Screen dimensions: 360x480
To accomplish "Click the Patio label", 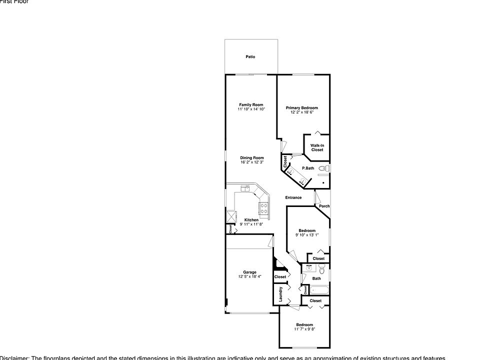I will pyautogui.click(x=250, y=57).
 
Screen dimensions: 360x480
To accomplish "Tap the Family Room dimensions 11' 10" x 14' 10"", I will pyautogui.click(x=251, y=109).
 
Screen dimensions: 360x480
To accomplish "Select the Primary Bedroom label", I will pyautogui.click(x=301, y=108).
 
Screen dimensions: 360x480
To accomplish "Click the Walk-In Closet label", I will pyautogui.click(x=317, y=147).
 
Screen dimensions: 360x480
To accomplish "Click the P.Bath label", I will pyautogui.click(x=308, y=168).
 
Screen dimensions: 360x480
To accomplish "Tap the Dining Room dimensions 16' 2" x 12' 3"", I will pyautogui.click(x=251, y=162).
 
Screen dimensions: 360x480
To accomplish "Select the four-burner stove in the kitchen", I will pyautogui.click(x=263, y=207).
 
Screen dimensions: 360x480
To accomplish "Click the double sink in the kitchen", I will pyautogui.click(x=245, y=188).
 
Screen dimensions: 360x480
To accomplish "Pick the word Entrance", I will pyautogui.click(x=293, y=197).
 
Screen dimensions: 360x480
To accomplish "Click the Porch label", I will pyautogui.click(x=324, y=206).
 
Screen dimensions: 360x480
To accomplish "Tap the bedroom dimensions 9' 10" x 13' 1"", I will pyautogui.click(x=306, y=234).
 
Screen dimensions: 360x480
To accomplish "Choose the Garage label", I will pyautogui.click(x=249, y=272).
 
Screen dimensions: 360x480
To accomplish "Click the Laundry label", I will pyautogui.click(x=280, y=293).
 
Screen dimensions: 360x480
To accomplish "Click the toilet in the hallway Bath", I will pyautogui.click(x=322, y=270).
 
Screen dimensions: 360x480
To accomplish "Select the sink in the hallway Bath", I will pyautogui.click(x=308, y=268).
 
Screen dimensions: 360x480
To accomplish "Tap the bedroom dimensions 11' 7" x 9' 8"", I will pyautogui.click(x=304, y=329).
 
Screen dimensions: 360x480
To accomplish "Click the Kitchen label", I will pyautogui.click(x=251, y=220).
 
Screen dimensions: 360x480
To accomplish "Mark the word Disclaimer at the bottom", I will pyautogui.click(x=14, y=357).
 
